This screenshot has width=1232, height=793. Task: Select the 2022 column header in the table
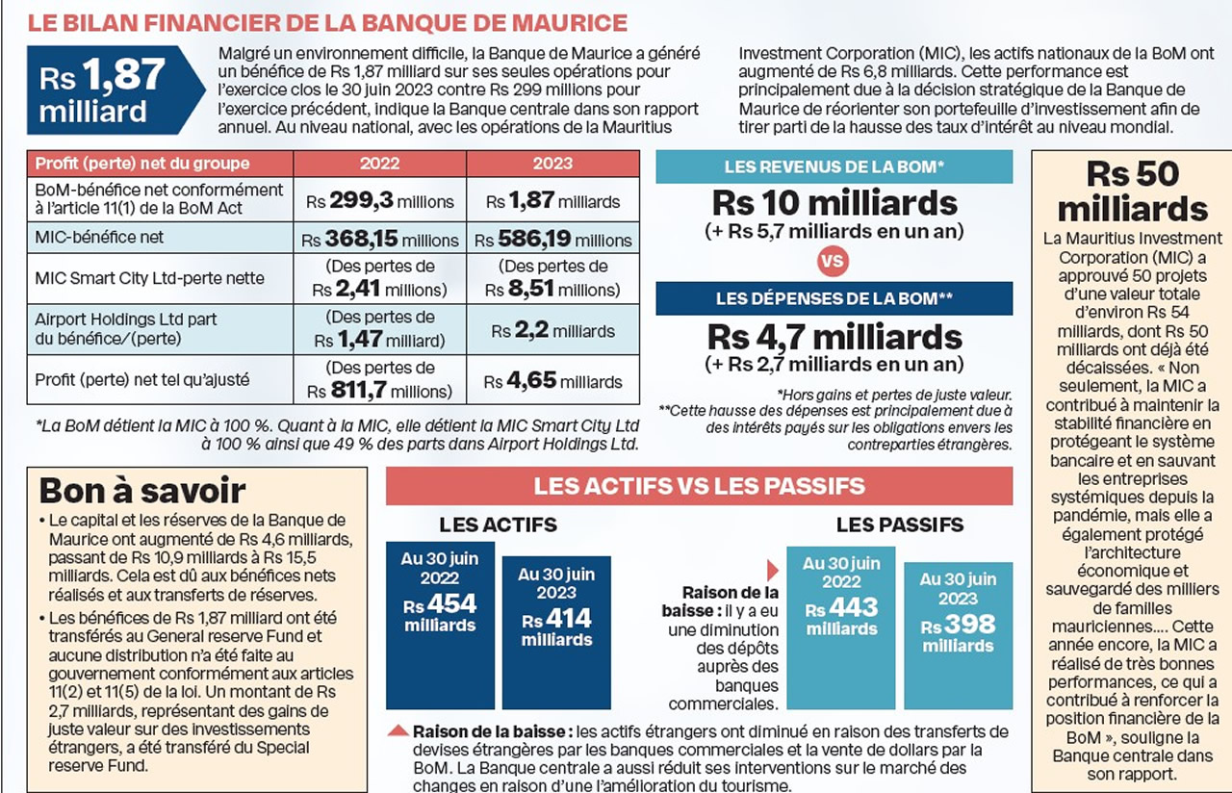pos(379,164)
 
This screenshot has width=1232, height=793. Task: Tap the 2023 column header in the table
pos(552,164)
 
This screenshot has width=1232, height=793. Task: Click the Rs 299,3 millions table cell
pos(379,201)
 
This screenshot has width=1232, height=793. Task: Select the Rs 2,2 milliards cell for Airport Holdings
pos(552,330)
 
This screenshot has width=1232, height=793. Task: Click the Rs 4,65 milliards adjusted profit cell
pos(552,381)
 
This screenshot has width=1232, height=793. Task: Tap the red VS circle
pos(834,261)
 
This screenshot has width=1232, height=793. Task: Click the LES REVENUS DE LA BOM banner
pos(834,167)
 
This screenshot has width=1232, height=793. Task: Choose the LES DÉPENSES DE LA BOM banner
pos(834,298)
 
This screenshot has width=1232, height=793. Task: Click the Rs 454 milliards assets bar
pos(440,626)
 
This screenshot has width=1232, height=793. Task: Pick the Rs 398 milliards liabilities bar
pos(957,635)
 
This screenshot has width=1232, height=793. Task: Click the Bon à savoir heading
pos(142,491)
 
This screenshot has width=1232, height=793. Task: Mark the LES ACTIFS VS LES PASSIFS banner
pos(699,486)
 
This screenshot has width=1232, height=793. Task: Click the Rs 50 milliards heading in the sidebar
pos(1133,192)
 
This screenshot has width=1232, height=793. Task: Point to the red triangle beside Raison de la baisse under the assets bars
pos(397,731)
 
